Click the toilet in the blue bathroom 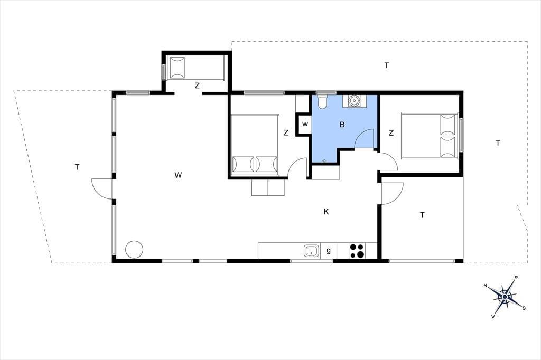322,101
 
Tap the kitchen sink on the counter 312,251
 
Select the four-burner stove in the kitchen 357,251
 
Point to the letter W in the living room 178,175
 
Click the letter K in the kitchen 326,212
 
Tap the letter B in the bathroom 342,125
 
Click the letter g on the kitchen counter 329,251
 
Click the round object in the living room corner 134,249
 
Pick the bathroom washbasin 355,101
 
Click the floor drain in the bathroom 324,160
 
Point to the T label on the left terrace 77,167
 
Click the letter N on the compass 486,286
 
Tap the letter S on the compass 524,308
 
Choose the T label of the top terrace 387,65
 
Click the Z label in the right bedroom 391,133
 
